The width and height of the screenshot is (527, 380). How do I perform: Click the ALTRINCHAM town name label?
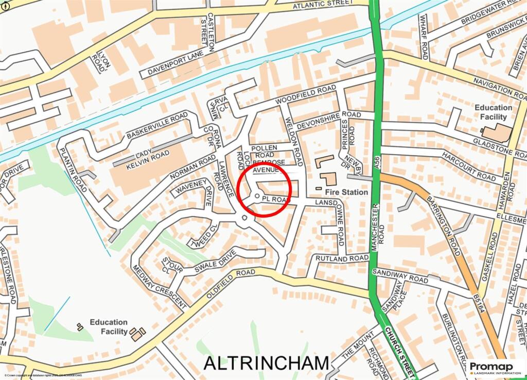[266, 362]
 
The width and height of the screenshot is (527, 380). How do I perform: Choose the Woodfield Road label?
[306, 96]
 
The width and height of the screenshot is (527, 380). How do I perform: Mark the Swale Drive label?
[215, 261]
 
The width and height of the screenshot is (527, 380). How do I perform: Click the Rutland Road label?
[342, 258]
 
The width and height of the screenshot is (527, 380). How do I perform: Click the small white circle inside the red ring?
[257, 196]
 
